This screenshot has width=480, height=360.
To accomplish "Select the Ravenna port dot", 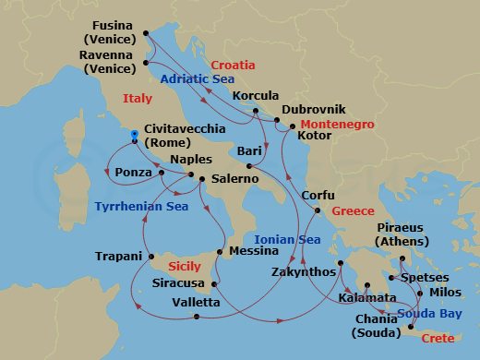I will [146, 64].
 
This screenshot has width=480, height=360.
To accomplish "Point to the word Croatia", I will [233, 66].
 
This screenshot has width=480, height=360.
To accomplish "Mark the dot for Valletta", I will [198, 318].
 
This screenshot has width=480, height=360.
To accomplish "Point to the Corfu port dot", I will [316, 211].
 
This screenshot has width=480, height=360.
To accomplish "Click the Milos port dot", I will [421, 294].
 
